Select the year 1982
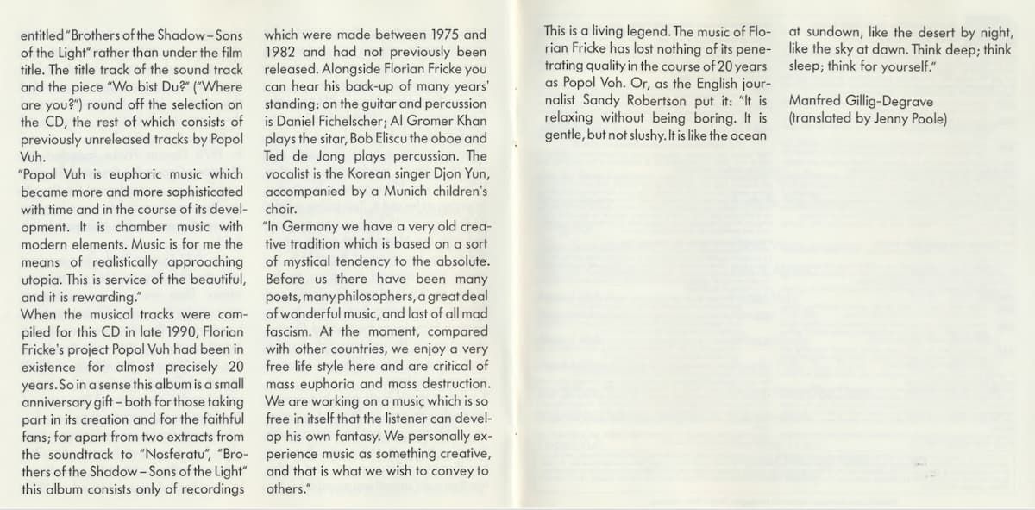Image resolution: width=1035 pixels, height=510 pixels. click(x=282, y=52)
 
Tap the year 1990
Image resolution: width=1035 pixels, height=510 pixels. click(x=190, y=331)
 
